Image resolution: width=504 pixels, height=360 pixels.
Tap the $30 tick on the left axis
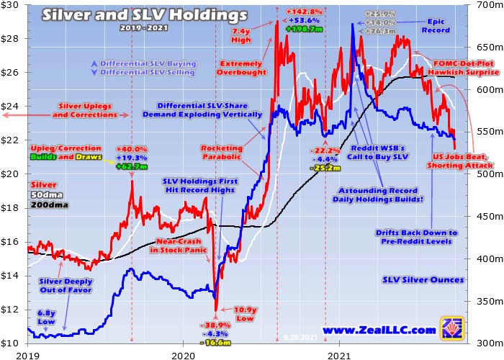tap(12, 6)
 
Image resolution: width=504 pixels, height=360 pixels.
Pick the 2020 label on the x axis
tap(183, 354)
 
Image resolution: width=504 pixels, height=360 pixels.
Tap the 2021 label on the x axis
tap(338, 354)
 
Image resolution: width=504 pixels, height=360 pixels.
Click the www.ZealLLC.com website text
tap(379, 330)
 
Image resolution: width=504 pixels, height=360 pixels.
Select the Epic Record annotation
tap(439, 27)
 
